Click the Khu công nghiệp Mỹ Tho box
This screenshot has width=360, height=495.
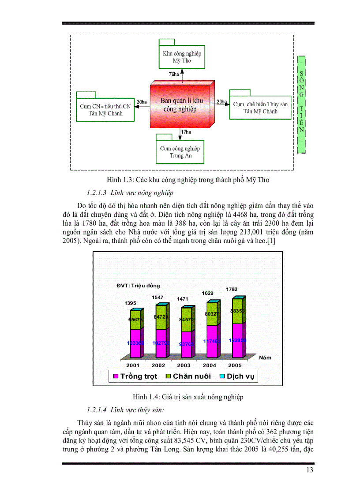click(x=181, y=57)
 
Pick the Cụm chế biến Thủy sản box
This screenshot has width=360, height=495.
click(x=260, y=107)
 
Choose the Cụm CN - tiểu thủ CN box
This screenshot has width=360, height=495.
click(x=105, y=109)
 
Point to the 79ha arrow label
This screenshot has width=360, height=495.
click(x=174, y=74)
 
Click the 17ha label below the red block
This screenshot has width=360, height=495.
click(x=186, y=132)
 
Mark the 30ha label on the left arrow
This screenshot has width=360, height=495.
click(x=142, y=102)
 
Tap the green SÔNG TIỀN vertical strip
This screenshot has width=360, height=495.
click(x=301, y=104)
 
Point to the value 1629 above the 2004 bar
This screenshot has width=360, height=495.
click(x=208, y=293)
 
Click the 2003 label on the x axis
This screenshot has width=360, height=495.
click(x=184, y=365)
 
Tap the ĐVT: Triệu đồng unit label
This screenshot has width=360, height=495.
click(x=135, y=286)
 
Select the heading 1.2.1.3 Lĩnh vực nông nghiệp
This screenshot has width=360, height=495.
click(x=130, y=193)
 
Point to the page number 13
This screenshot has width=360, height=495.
click(x=309, y=470)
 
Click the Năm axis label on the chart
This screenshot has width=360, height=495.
click(x=266, y=357)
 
